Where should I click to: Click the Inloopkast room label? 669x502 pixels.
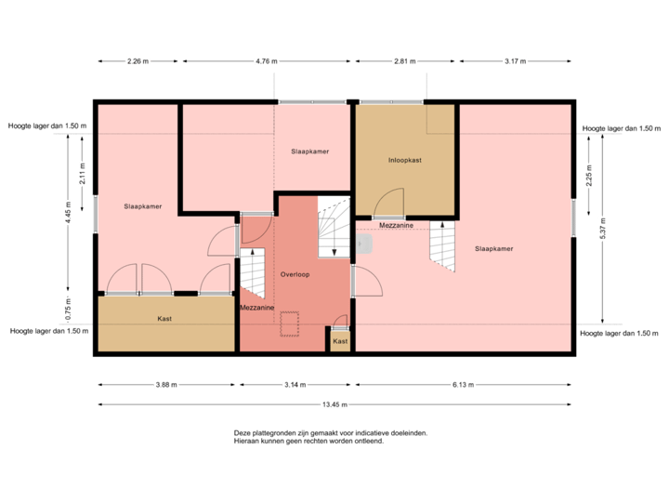404,160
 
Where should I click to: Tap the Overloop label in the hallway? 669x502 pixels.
295,275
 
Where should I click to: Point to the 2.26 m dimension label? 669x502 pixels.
137,61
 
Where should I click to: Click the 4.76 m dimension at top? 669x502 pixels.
266,61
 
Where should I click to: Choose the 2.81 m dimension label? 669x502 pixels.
403,61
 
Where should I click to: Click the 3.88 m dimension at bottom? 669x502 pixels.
166,383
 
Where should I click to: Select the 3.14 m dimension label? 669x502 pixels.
294,383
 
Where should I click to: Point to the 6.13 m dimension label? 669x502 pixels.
463,383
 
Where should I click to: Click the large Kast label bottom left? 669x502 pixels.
164,319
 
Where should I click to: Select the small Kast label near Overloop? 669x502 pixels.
340,341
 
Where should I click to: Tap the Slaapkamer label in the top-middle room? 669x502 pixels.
309,151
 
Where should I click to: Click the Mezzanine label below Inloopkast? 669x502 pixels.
397,225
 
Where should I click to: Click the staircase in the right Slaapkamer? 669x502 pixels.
442,246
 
